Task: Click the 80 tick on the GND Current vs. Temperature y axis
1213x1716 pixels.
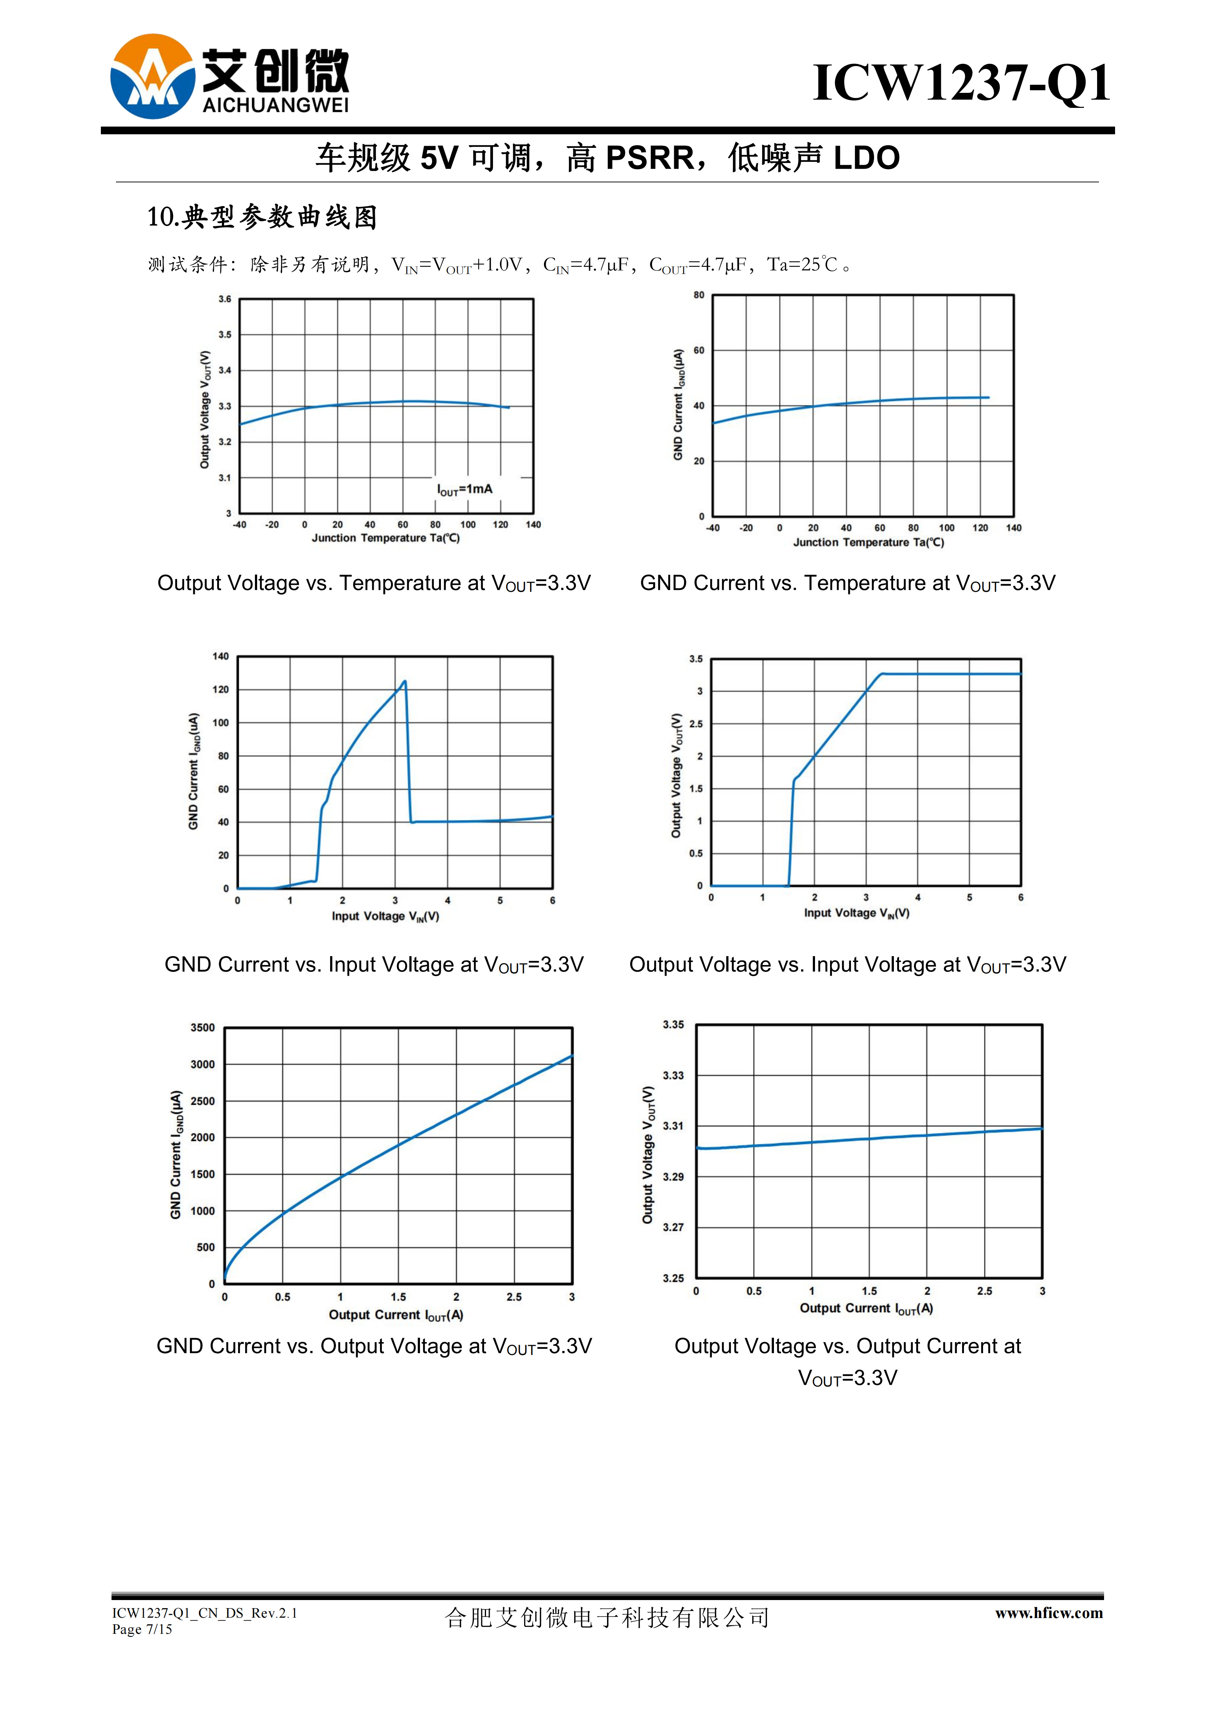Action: click(x=699, y=295)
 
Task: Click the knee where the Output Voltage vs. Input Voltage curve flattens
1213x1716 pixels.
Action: click(x=882, y=674)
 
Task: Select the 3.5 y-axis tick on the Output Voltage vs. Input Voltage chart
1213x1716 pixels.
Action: click(x=696, y=659)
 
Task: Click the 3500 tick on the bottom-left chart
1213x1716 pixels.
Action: click(x=202, y=1028)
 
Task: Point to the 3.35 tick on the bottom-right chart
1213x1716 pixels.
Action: click(x=673, y=1025)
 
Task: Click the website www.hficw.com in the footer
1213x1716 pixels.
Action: click(x=1049, y=1614)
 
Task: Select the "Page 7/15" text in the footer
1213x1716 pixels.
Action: click(x=142, y=1629)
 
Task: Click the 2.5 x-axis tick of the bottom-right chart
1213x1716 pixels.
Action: click(x=985, y=1291)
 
